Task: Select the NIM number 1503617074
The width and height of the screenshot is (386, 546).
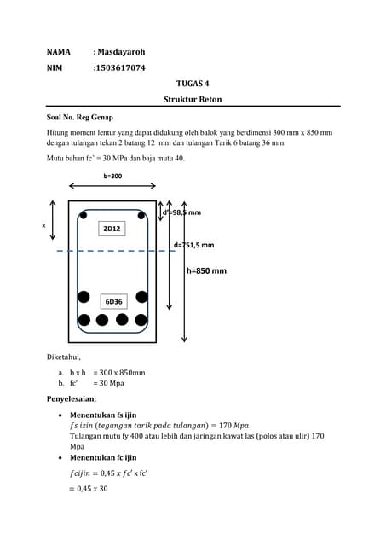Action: coord(120,67)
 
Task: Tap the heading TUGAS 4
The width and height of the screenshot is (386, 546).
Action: coord(192,83)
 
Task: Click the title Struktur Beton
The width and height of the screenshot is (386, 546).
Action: coord(192,100)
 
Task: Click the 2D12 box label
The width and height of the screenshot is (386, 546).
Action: coord(112,229)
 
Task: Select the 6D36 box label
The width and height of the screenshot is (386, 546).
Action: coord(113,301)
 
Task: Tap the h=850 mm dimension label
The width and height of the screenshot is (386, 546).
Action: coord(206,271)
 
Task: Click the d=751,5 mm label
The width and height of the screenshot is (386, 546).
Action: coord(193,245)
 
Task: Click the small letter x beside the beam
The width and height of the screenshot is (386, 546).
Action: coord(43,225)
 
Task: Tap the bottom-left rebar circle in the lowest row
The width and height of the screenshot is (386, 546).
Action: coord(84,321)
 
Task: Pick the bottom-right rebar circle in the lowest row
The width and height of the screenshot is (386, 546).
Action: coord(142,321)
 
